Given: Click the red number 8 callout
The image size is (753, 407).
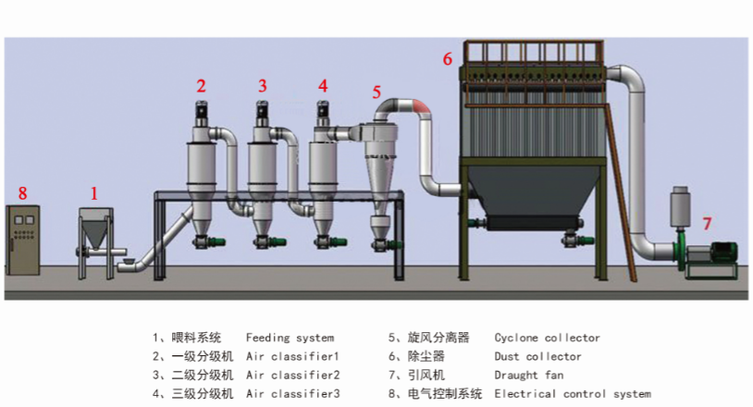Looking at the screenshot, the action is (x=22, y=193).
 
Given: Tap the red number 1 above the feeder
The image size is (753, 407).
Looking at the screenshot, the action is (x=94, y=193).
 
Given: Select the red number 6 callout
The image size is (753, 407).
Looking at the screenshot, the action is (x=448, y=58).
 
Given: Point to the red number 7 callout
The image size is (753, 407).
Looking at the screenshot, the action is (x=707, y=223).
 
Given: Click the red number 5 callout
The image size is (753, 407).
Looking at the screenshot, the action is (x=376, y=92).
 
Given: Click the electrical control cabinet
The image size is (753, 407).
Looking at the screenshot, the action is (x=22, y=240).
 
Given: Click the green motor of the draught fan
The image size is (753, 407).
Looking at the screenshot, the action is (x=723, y=252).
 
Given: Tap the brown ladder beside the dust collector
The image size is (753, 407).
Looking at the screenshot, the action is (x=621, y=192).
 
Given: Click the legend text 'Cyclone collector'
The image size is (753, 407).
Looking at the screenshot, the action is (x=547, y=338).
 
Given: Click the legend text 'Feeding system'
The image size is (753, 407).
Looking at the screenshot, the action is (x=290, y=338).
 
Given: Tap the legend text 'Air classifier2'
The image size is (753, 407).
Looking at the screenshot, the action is (x=293, y=375).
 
